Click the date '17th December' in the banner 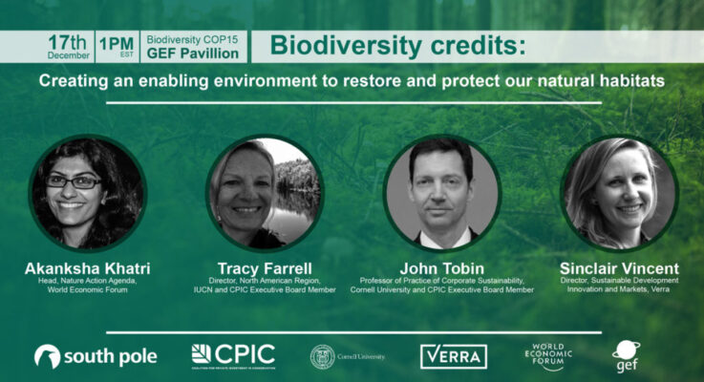point(69,46)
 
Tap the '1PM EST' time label point(117,46)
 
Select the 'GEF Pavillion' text point(192,53)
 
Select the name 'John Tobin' point(442,268)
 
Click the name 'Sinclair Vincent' point(619,268)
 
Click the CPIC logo point(233,355)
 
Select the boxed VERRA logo point(454,356)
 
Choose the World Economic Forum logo point(550,356)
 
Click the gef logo point(626,355)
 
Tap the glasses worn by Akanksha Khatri point(73,180)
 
